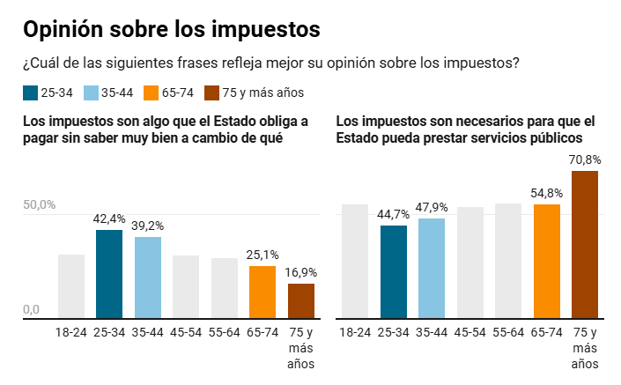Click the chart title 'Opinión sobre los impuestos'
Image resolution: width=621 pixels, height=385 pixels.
pos(171,29)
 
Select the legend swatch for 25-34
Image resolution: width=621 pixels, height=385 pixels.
pos(30,93)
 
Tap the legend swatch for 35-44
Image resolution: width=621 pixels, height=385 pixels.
pos(91,93)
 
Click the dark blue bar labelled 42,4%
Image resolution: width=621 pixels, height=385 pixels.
pos(109,273)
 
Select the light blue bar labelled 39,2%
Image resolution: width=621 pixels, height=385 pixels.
pos(148,277)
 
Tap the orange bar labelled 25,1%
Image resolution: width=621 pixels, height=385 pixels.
pos(262,292)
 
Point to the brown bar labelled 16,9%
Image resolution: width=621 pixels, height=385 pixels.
pos(301,300)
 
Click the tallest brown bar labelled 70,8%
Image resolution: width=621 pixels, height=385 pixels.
pos(585,244)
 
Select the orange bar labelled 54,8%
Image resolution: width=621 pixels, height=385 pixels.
pos(547,261)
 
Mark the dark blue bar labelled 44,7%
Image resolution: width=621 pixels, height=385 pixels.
pos(394,271)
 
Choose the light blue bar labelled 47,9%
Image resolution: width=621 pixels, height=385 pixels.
pos(432,268)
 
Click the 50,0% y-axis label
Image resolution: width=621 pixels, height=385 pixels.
pos(39,205)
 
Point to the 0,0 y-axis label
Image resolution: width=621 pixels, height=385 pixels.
pos(32,309)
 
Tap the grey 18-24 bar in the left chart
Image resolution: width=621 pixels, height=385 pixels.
pos(71,286)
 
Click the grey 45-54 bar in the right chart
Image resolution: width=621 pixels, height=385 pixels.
pos(470,263)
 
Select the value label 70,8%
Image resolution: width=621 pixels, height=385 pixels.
pos(585,159)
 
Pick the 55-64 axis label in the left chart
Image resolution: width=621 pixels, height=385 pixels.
pos(225,332)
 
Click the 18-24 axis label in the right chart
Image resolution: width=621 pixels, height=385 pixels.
pos(355,332)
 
